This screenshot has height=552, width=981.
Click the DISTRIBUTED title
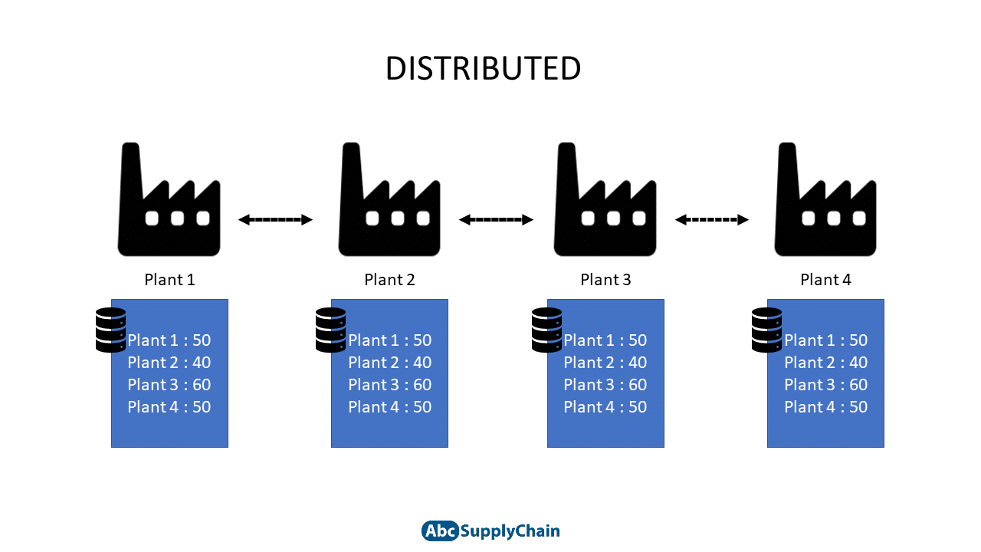point(483,69)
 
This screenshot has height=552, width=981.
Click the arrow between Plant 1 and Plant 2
point(275,219)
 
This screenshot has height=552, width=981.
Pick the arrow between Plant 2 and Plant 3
point(496,219)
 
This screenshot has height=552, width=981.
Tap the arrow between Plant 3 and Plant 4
point(712,219)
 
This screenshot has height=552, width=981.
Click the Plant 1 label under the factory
point(169,280)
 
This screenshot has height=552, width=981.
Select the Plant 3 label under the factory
point(605,280)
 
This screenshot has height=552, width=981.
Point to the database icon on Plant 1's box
point(111,330)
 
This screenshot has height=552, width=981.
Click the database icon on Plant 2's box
point(330,330)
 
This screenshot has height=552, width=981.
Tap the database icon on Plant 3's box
point(547,330)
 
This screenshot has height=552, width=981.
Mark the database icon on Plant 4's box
point(767,330)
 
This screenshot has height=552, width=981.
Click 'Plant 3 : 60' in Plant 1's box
point(169,385)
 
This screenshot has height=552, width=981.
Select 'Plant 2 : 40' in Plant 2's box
point(390,363)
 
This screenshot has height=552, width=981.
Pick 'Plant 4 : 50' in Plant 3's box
point(605,407)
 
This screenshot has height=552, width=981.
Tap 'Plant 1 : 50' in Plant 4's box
point(825,340)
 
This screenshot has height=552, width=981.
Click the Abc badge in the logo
point(440,531)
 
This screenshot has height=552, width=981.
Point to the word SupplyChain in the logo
point(510,531)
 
